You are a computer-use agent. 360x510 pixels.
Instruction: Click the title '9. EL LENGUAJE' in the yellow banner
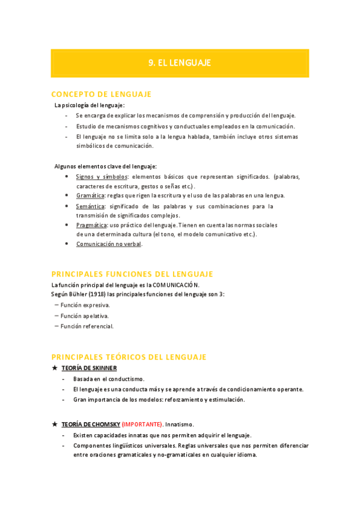tap(180, 63)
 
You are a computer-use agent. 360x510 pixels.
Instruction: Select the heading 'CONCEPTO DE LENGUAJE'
tap(102, 94)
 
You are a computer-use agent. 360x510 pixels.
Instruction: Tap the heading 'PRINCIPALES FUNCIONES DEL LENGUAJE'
tap(132, 274)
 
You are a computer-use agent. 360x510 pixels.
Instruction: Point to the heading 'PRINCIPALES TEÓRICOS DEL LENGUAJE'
tap(129, 357)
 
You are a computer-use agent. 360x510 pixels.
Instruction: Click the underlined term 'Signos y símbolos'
tap(102, 177)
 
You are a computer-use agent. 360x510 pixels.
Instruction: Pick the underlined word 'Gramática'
tap(90, 195)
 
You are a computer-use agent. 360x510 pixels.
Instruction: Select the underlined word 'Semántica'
tap(90, 206)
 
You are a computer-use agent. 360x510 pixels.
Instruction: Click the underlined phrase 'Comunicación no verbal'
tap(109, 244)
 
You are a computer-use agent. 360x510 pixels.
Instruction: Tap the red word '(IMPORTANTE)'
tap(142, 424)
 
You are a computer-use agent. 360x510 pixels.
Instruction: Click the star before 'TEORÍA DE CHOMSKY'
tap(55, 424)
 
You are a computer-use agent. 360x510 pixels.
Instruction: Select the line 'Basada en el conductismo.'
tap(109, 379)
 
